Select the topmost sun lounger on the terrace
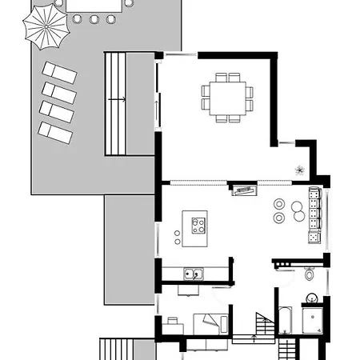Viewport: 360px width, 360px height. [x=59, y=73]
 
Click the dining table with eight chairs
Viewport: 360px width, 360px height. [x=226, y=98]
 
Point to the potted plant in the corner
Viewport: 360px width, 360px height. [x=299, y=170]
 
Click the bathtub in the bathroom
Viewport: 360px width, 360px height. [x=286, y=320]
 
